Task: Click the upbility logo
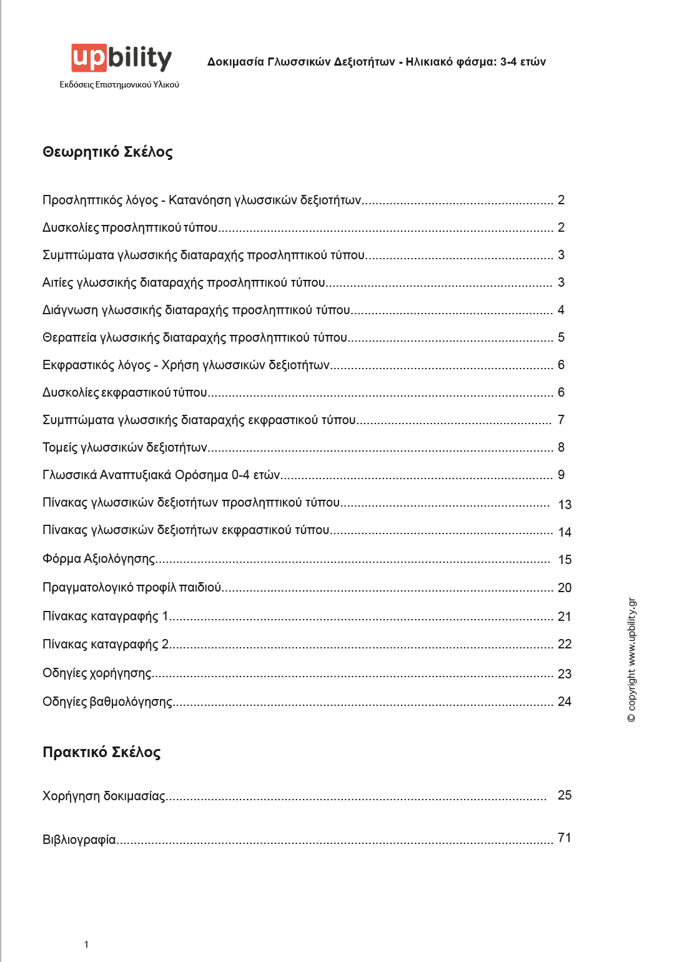[x=121, y=58]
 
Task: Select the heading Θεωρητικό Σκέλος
[x=107, y=152]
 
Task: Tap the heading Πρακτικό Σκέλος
[x=101, y=752]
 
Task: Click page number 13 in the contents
[x=565, y=505]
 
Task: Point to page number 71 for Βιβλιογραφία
[x=564, y=838]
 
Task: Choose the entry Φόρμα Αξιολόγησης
[x=99, y=558]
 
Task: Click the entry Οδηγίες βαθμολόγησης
[x=107, y=702]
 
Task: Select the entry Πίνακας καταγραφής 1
[x=106, y=617]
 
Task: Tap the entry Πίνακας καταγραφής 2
[x=106, y=644]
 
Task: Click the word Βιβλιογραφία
[x=79, y=840]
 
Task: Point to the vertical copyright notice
[x=632, y=660]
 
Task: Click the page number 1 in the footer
[x=86, y=945]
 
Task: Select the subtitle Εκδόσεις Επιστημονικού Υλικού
[x=119, y=84]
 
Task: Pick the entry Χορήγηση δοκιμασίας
[x=104, y=796]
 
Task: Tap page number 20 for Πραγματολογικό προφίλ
[x=565, y=588]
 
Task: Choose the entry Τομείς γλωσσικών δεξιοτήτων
[x=125, y=447]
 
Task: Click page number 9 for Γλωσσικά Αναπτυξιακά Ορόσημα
[x=561, y=475]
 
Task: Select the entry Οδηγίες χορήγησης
[x=97, y=673]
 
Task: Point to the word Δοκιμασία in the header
[x=235, y=62]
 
